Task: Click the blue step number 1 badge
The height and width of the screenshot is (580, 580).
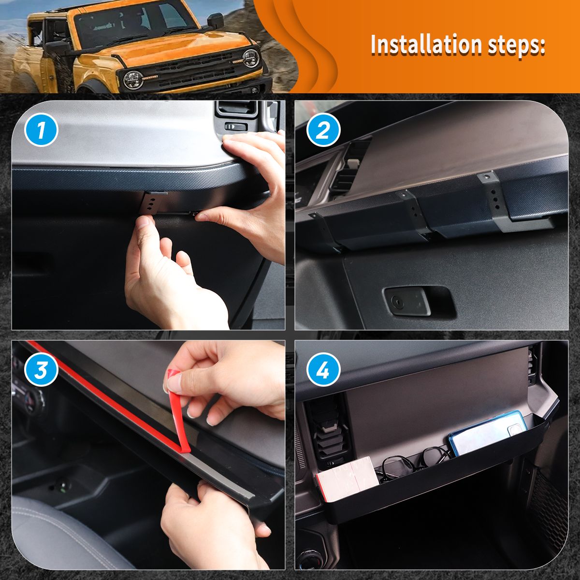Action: tap(41, 130)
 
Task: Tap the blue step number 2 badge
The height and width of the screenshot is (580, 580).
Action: tap(323, 130)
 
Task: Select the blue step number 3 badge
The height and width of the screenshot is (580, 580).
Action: tap(41, 369)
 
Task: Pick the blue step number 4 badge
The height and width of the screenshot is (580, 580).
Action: tap(323, 369)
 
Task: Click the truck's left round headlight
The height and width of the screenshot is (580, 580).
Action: tap(133, 80)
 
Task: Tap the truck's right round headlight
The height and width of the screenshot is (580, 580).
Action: tap(250, 58)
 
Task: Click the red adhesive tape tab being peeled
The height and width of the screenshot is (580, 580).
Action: tap(177, 412)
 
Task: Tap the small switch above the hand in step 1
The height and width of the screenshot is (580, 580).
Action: tap(236, 127)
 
